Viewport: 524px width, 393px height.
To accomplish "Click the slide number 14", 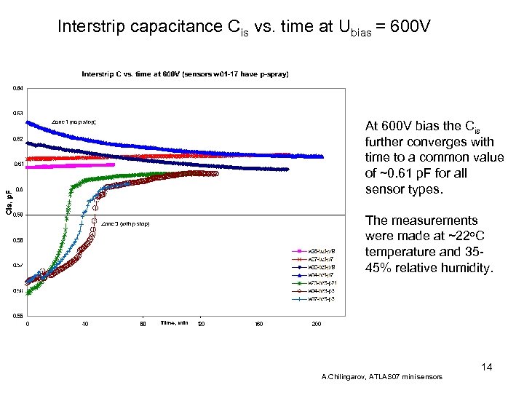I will point(486,367).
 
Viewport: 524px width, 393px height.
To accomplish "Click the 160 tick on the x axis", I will point(258,323).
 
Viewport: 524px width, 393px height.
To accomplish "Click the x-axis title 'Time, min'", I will point(175,322).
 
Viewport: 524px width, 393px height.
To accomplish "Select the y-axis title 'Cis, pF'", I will point(9,202).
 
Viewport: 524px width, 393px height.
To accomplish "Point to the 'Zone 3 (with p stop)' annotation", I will point(125,223).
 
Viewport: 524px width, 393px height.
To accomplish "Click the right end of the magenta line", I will point(114,164).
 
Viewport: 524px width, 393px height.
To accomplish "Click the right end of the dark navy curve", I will point(288,169).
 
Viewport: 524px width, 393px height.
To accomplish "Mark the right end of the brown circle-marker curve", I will point(216,173).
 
